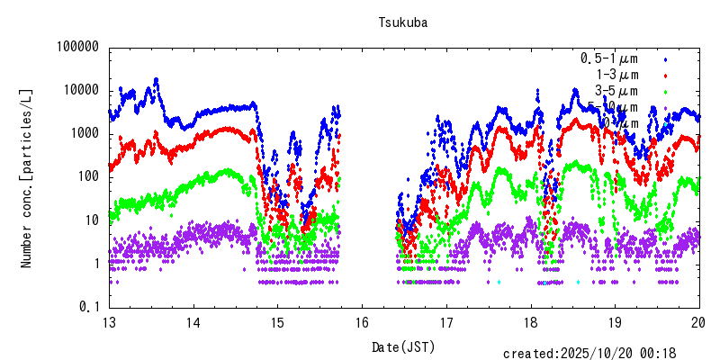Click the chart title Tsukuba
[402, 23]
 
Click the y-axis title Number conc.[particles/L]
[27, 176]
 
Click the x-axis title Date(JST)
[403, 346]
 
